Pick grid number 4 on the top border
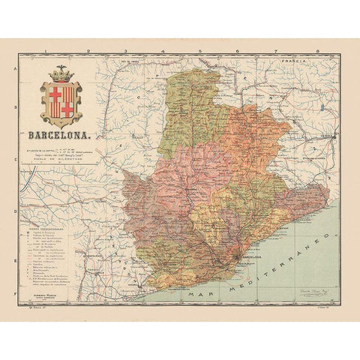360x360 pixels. (163, 51)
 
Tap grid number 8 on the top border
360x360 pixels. (317, 51)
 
